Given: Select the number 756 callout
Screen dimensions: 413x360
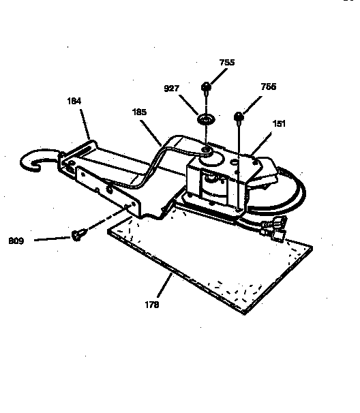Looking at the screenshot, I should [x=268, y=87].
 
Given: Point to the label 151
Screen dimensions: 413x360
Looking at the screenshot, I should [x=278, y=124].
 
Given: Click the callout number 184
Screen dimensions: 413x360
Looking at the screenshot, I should [x=74, y=101].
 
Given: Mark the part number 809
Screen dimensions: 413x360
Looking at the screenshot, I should [x=16, y=240].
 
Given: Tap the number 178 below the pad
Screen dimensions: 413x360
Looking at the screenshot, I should [x=151, y=305].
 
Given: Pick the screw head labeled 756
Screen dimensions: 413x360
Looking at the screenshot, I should [x=239, y=117].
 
